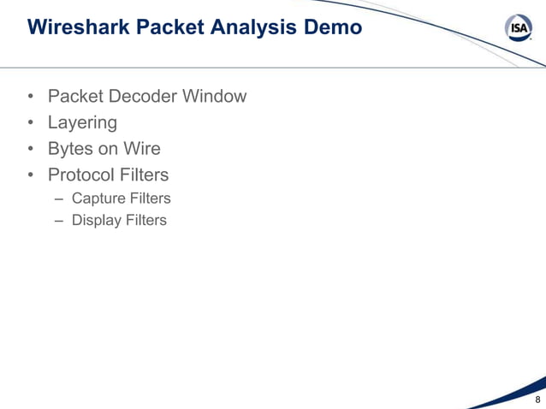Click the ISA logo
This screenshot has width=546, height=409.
(518, 29)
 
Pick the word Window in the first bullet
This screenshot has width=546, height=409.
(214, 96)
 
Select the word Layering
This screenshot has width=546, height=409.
(82, 122)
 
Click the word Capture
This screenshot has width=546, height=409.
(97, 199)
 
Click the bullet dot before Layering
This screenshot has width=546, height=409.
(30, 123)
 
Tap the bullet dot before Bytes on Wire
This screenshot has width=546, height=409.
(30, 150)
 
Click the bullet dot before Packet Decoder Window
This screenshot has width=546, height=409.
(30, 97)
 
